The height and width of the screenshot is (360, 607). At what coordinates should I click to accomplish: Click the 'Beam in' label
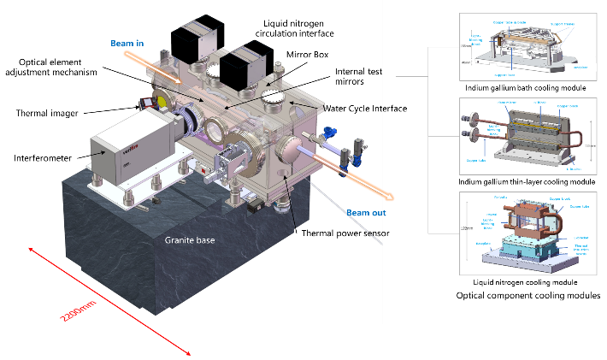128,44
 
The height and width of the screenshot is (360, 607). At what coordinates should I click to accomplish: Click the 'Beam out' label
365,212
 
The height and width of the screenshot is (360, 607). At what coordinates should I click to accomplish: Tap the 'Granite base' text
190,239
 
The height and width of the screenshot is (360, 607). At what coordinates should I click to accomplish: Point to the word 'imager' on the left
65,113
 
